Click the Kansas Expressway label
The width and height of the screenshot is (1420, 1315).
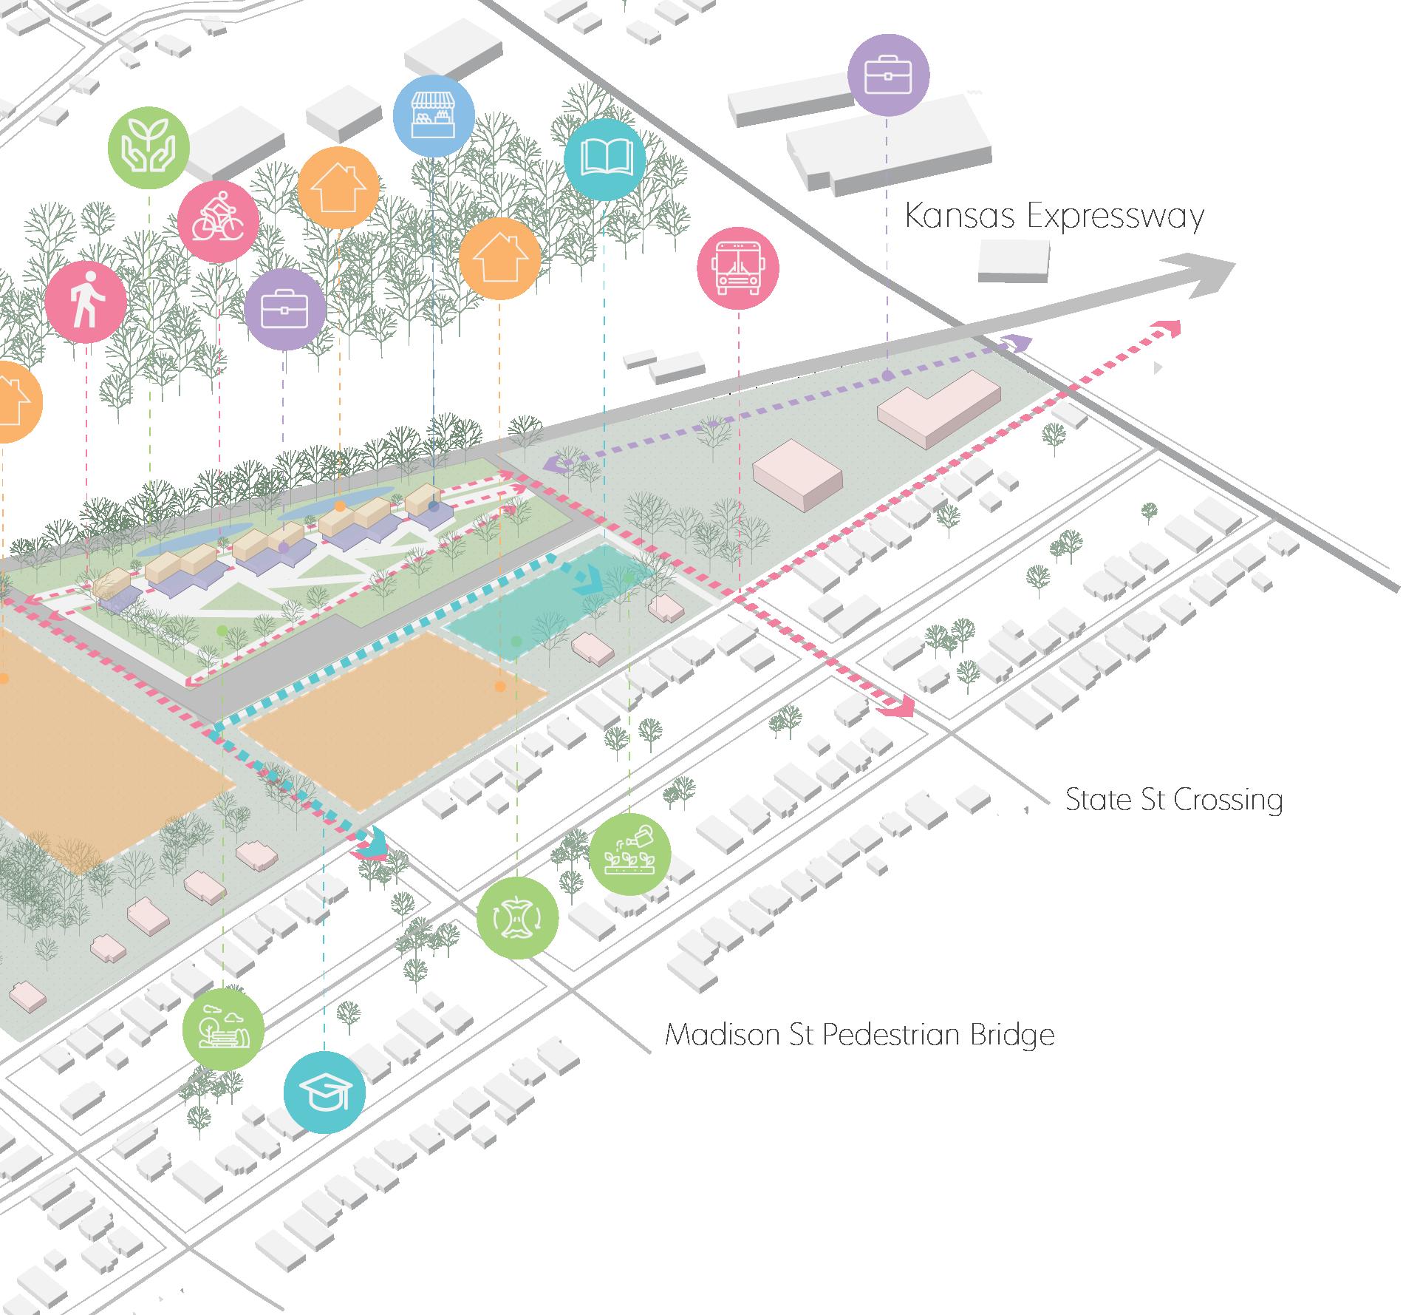[1054, 217]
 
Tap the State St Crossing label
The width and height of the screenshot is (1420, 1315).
[1173, 800]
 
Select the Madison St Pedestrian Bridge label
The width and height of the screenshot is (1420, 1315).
[859, 1034]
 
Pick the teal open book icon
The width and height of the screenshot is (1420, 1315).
[604, 159]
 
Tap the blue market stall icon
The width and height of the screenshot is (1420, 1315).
[433, 116]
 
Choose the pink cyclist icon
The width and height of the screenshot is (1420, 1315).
[219, 220]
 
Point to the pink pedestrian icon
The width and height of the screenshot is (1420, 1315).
[86, 302]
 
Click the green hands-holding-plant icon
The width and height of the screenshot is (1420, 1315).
[149, 146]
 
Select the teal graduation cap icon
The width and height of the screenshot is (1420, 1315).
[324, 1093]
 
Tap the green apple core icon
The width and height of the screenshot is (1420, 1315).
[517, 918]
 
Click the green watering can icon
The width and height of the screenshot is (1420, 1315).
[630, 855]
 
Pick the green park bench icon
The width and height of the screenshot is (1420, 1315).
[223, 1029]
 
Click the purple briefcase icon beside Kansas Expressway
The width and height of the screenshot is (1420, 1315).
[887, 75]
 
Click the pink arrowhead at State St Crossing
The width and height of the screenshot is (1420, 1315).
[898, 707]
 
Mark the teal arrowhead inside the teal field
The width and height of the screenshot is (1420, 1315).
[591, 579]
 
